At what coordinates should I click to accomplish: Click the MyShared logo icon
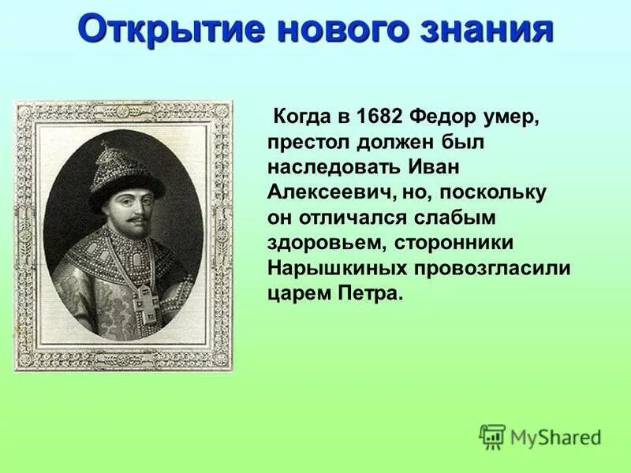[492, 436]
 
